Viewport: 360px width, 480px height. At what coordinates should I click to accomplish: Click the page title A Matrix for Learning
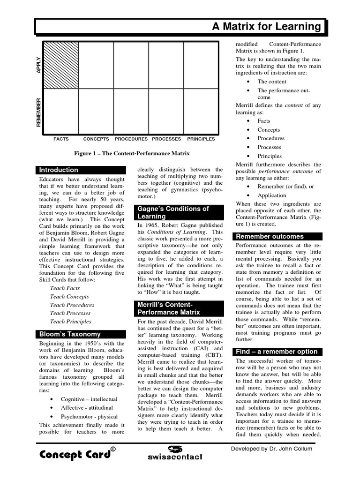coord(266,27)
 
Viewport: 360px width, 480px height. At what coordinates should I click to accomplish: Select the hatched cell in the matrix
coord(61,65)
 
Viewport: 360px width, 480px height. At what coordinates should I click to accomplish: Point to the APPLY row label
coord(39,65)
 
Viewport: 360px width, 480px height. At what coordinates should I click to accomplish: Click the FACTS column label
coord(61,139)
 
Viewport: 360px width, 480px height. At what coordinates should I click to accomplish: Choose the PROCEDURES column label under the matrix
coord(131,139)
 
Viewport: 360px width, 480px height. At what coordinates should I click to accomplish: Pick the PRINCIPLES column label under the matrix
coord(201,139)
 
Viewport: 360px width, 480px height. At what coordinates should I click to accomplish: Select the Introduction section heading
coord(59,170)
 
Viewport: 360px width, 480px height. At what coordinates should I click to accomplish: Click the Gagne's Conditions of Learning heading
coord(172,212)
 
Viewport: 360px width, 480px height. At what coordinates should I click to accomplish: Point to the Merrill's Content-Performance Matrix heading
coord(169,308)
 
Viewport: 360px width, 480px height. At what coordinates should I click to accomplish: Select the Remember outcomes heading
coord(270,237)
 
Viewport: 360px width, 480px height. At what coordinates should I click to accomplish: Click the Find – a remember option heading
coord(277,352)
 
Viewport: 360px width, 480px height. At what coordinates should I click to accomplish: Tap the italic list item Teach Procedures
coord(72,305)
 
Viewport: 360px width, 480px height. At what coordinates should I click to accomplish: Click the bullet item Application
coord(271,195)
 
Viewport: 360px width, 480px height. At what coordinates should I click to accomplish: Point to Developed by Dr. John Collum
coord(271,449)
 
